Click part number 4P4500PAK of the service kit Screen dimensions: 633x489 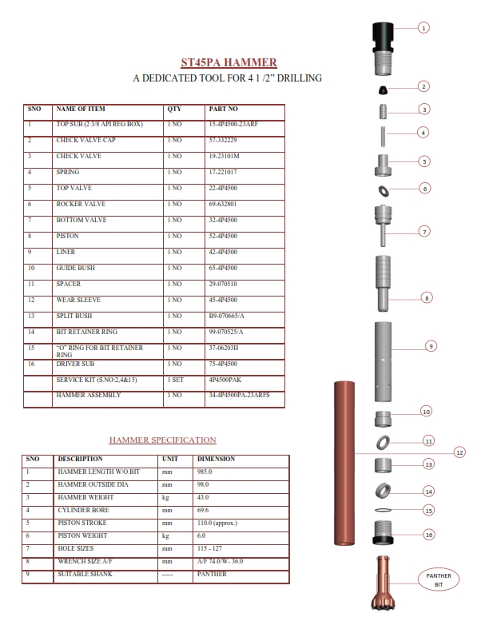225,380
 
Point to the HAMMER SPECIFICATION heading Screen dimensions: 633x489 162,440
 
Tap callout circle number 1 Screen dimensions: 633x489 424,27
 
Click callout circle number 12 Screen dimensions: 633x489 459,452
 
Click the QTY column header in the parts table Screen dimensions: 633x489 175,108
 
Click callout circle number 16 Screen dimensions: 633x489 428,535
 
